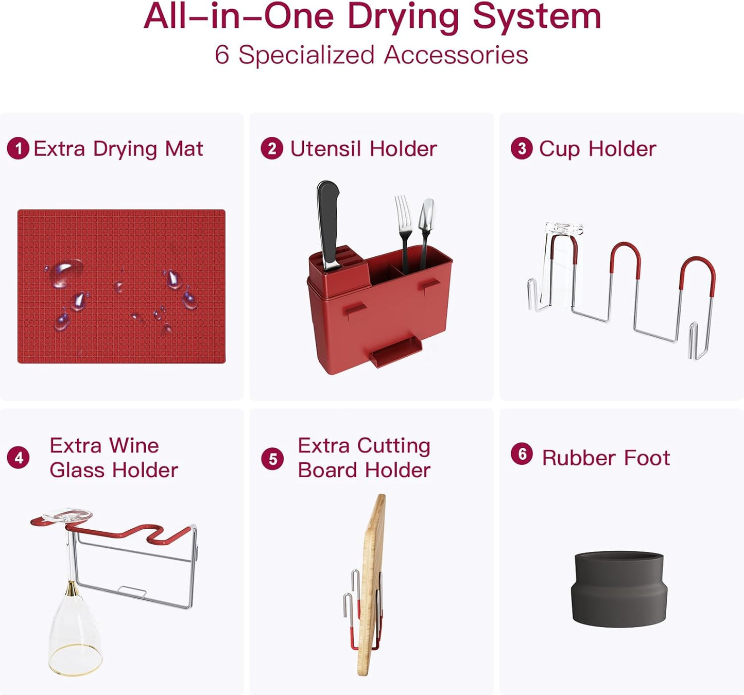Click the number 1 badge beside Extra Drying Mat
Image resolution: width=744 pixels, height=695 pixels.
click(18, 149)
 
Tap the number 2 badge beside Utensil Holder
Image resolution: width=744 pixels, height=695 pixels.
click(272, 149)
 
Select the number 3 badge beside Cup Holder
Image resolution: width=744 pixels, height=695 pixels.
click(522, 149)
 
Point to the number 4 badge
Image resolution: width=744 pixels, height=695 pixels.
click(18, 458)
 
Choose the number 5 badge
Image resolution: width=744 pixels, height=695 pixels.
click(272, 459)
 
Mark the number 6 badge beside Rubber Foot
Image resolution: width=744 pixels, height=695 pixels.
click(522, 454)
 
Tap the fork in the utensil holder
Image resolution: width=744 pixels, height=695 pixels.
click(404, 221)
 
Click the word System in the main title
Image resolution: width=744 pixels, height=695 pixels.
click(537, 16)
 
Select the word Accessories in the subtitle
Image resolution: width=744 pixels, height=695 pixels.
click(456, 55)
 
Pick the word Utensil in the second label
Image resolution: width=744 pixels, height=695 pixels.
click(325, 149)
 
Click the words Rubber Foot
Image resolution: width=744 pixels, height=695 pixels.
click(605, 458)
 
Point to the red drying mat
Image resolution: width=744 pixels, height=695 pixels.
click(122, 286)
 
